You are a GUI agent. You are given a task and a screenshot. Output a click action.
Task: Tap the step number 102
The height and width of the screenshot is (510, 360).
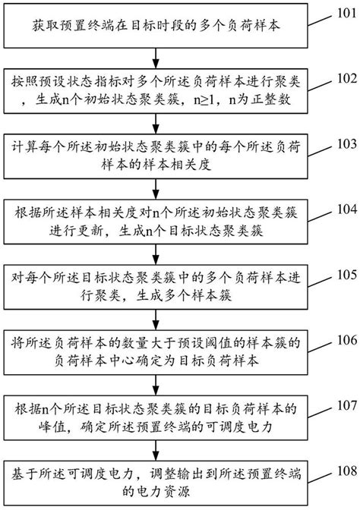pyautogui.click(x=346, y=77)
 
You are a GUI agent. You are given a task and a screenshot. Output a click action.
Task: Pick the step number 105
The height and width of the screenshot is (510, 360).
pyautogui.click(x=346, y=273)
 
